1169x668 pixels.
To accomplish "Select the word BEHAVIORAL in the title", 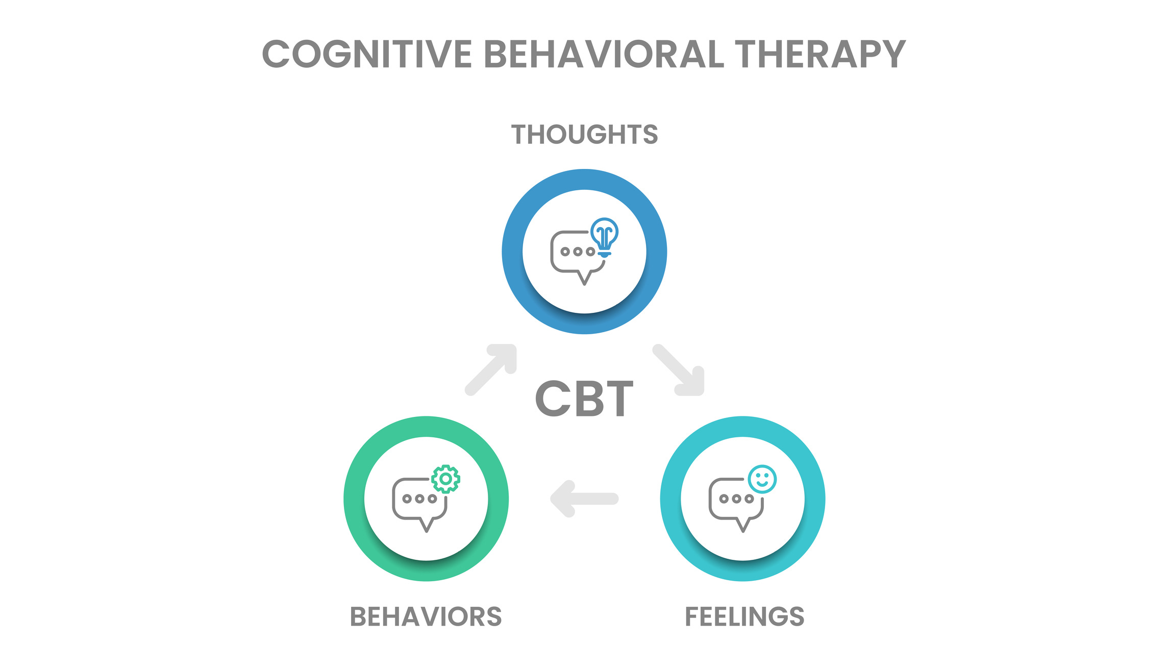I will [604, 54].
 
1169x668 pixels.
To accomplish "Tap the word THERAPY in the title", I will [820, 54].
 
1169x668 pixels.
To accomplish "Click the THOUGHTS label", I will [584, 135].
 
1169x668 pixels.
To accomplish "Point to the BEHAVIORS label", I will [426, 616].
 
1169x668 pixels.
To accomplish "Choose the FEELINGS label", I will [744, 616].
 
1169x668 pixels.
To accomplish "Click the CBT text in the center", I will [584, 399].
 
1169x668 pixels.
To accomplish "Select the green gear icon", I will [445, 479].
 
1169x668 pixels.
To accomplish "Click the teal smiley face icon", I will [762, 479].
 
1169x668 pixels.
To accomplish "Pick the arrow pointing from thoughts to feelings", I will [680, 370].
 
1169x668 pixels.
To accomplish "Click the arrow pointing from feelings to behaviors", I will [584, 499].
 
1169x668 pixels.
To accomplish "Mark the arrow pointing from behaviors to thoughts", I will [491, 369].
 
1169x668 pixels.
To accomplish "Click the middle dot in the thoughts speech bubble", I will [578, 252].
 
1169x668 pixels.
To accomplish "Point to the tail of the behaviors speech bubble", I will [427, 526].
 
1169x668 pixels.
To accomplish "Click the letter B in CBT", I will [585, 399].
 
